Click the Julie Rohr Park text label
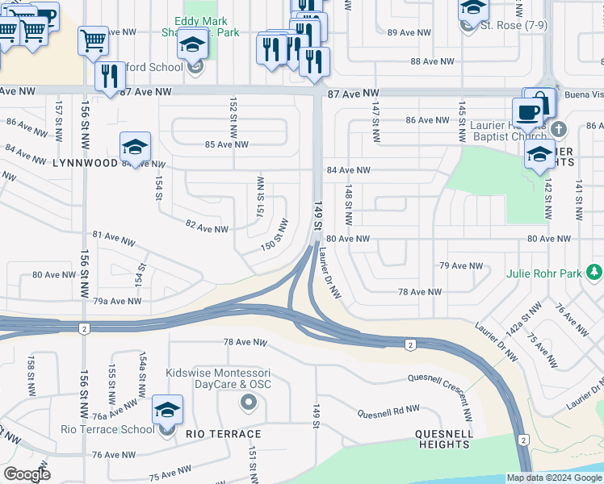(x=543, y=273)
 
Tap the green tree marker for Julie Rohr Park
(x=595, y=273)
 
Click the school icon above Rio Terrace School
(x=167, y=411)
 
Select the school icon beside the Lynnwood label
(x=136, y=147)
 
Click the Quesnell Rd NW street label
(x=390, y=412)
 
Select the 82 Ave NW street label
(x=206, y=229)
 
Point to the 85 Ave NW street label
(x=227, y=144)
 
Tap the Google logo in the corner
(x=27, y=474)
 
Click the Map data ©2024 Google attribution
(x=554, y=478)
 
